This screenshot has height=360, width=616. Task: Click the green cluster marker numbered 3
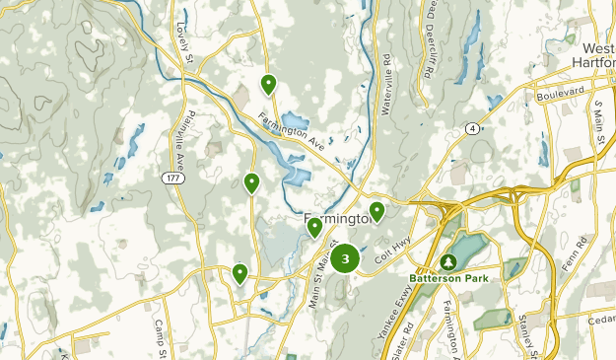tap(345, 259)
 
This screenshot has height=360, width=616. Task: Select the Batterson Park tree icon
tap(447, 261)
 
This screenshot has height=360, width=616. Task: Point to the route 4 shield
tap(473, 128)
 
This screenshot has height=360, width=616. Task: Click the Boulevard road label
tap(562, 95)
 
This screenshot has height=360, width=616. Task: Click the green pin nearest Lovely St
tap(268, 84)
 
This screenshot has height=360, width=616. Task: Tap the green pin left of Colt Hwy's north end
tap(376, 212)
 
